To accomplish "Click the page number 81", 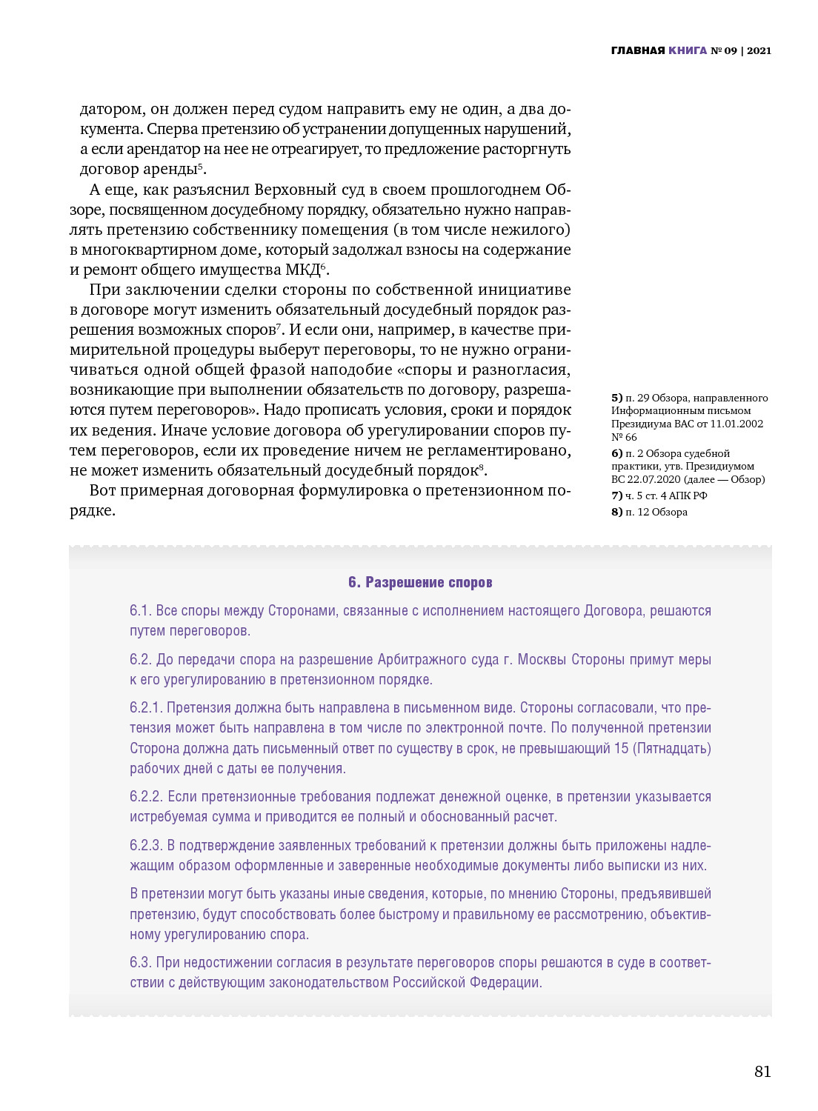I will tap(762, 1072).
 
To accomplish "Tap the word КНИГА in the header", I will tap(688, 50).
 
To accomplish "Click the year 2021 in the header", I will tap(759, 50).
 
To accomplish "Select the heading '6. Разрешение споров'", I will tap(420, 582).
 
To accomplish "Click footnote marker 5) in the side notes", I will tap(616, 398).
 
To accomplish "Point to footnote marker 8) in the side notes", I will tap(616, 512).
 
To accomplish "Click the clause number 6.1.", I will tap(141, 611).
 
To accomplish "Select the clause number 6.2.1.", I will tap(146, 708).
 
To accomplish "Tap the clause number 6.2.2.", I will tap(146, 797).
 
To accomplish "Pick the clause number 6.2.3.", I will tap(146, 846).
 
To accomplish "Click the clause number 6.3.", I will tap(141, 963).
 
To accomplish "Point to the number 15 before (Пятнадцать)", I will tap(621, 749).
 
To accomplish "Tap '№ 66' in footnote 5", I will tap(624, 437).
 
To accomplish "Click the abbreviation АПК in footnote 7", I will tap(680, 496).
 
